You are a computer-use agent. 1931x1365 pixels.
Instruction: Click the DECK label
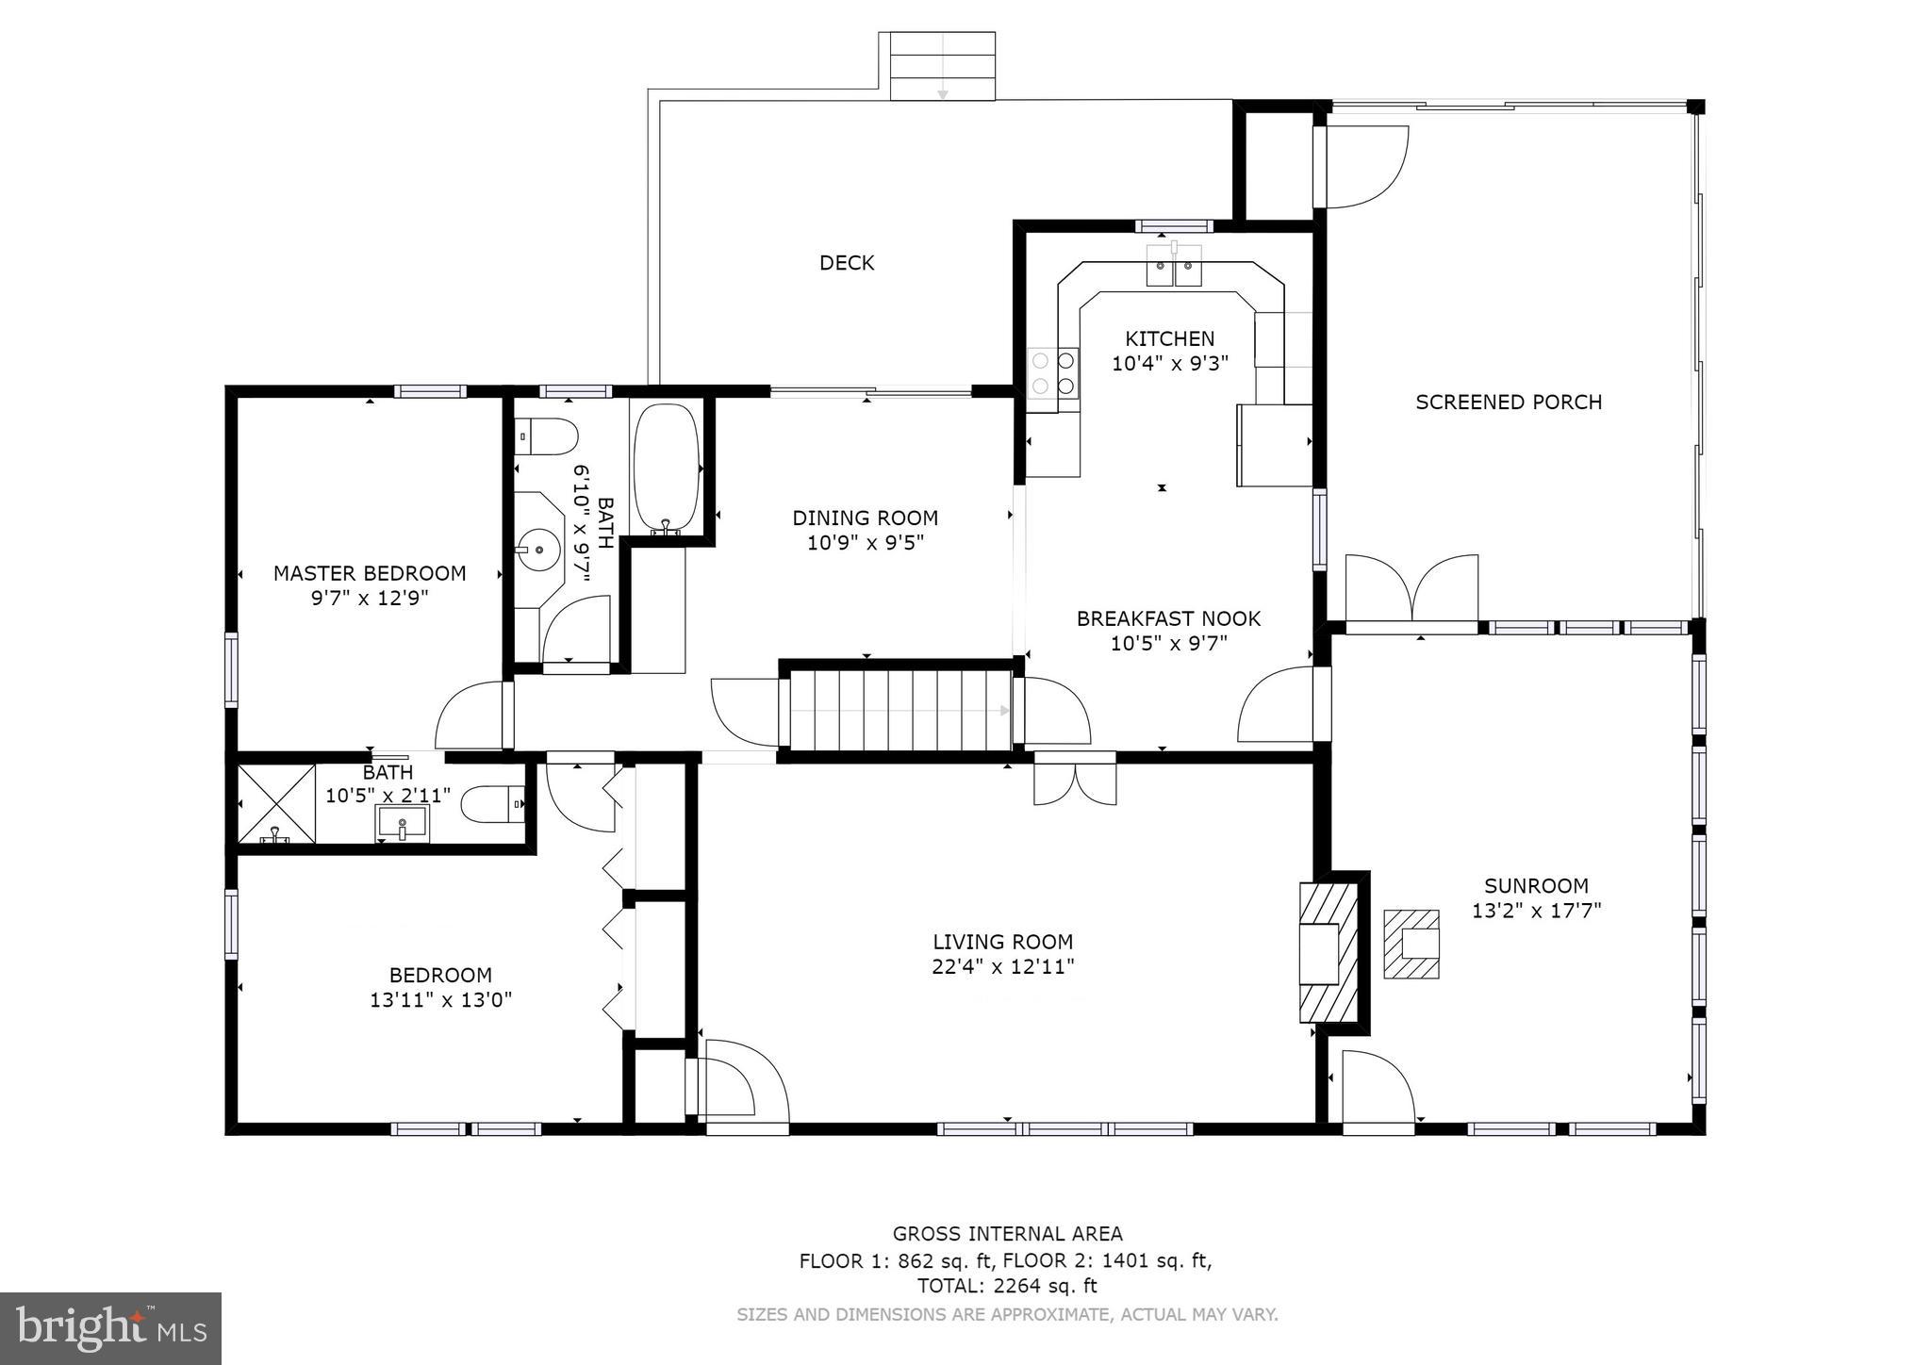(846, 263)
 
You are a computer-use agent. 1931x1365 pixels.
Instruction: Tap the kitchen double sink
(1174, 266)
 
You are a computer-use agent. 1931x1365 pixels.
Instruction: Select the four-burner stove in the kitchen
(1054, 372)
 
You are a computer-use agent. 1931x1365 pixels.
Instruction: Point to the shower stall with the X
(275, 803)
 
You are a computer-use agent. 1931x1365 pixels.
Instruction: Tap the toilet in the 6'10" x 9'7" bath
(547, 437)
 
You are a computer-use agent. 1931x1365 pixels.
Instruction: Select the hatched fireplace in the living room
(1329, 951)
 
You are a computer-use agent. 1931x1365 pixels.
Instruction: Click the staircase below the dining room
(899, 710)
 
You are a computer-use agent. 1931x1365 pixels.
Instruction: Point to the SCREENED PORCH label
(1508, 403)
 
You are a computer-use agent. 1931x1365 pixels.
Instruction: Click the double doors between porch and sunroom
(1411, 590)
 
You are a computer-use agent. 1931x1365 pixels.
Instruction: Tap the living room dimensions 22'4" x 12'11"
(1002, 966)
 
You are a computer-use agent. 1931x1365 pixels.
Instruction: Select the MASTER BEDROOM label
(370, 573)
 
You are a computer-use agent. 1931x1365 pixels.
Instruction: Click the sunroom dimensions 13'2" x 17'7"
(1536, 911)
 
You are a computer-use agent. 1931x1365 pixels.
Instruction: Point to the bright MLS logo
(110, 1328)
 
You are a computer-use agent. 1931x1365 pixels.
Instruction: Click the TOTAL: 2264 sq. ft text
(1007, 1286)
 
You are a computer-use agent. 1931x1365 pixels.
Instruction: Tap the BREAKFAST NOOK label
(1168, 619)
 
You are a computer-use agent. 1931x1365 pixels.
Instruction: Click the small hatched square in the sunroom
(1411, 944)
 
